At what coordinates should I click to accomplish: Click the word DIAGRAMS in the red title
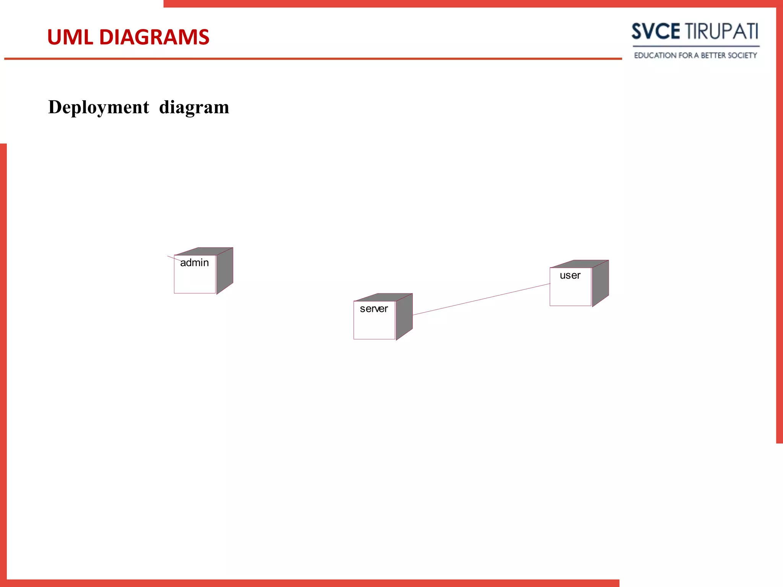click(154, 37)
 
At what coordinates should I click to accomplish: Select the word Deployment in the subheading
click(98, 107)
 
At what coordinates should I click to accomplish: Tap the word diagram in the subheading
click(194, 107)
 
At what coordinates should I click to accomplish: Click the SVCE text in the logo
click(655, 31)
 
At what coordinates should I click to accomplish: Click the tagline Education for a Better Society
click(695, 55)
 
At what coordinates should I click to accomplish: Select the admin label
click(194, 263)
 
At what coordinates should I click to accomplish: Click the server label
click(374, 309)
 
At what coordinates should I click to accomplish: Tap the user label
click(570, 276)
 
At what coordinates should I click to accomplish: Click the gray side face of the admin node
click(225, 270)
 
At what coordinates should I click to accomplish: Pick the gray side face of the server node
click(404, 316)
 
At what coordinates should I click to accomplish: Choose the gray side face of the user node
click(601, 283)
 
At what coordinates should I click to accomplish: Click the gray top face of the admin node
click(203, 251)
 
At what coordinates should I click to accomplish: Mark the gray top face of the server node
click(383, 297)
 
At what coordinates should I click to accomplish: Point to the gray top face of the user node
click(579, 264)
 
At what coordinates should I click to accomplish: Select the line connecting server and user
click(481, 299)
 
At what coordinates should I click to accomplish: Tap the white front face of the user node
click(570, 292)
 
